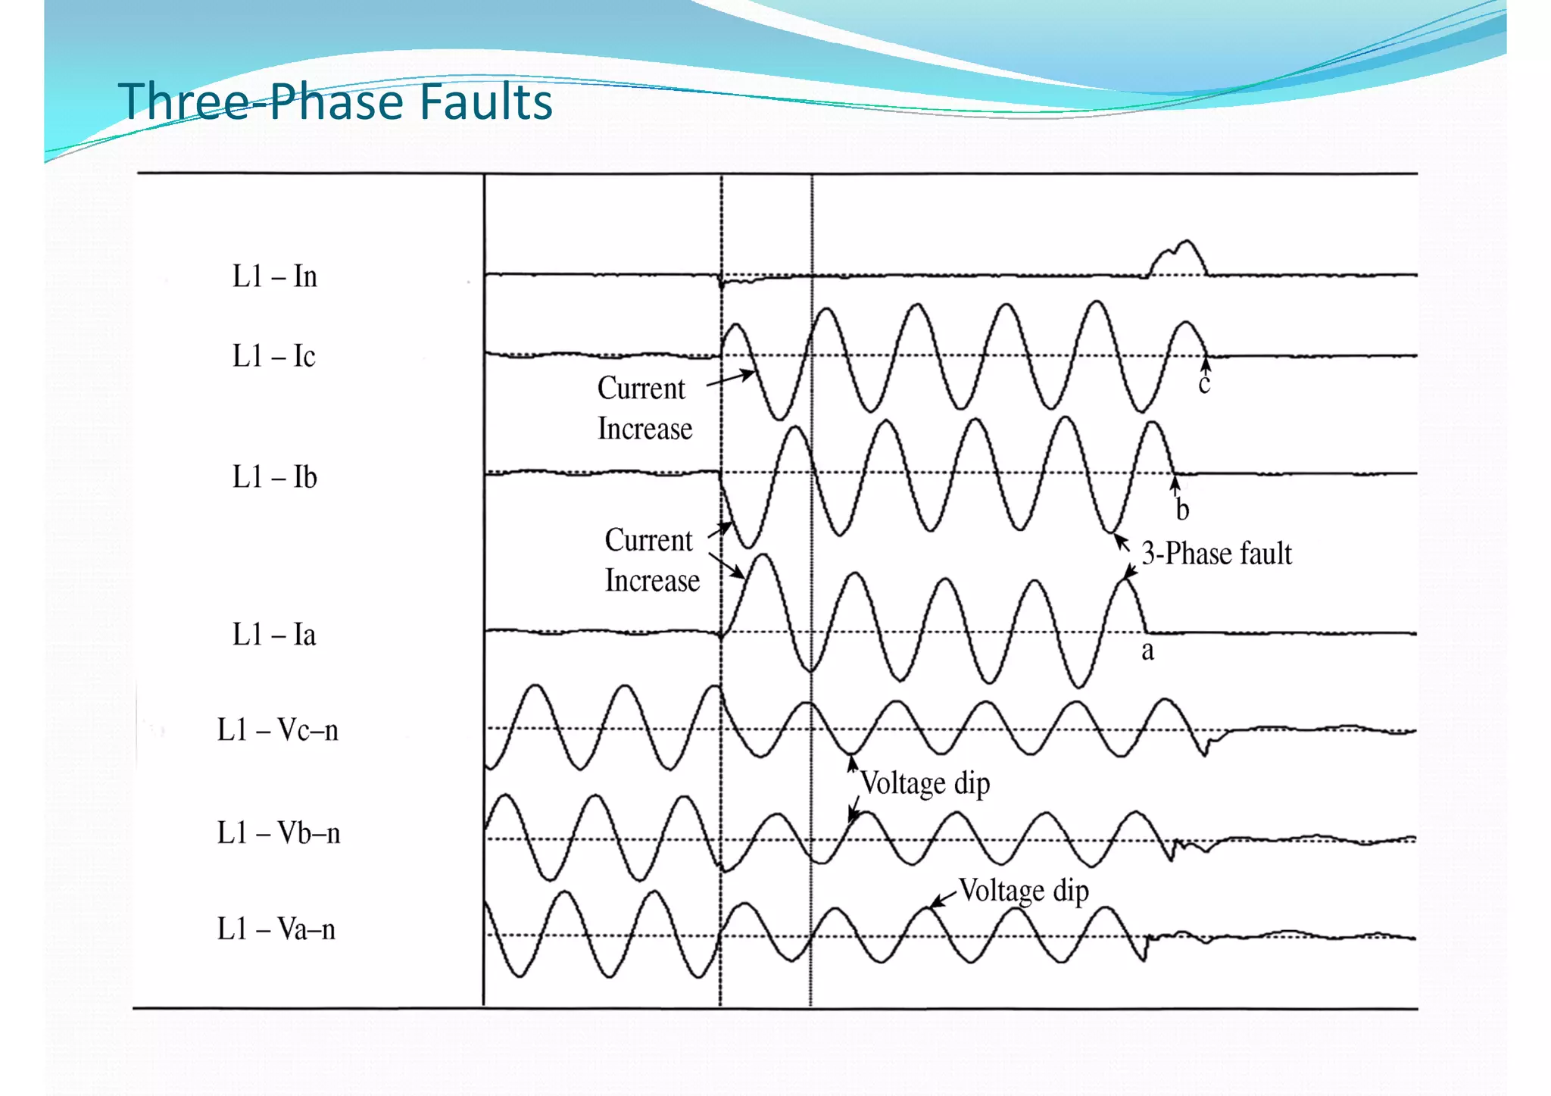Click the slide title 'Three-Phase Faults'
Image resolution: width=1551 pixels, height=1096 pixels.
(x=335, y=101)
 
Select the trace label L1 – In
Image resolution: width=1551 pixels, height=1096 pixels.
(x=274, y=276)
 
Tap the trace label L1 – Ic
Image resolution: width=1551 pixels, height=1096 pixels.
(x=273, y=356)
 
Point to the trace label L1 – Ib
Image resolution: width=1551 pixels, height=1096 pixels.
(x=274, y=477)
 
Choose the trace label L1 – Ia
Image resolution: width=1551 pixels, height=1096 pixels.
(x=273, y=635)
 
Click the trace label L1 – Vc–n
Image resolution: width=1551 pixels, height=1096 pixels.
(x=277, y=730)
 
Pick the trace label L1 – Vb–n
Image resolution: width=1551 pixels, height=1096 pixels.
(x=278, y=833)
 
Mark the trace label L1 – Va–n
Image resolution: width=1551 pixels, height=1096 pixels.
(x=276, y=929)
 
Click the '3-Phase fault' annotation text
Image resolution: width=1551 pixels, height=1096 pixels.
(x=1216, y=554)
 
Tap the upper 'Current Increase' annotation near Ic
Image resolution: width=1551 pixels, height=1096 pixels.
(x=644, y=408)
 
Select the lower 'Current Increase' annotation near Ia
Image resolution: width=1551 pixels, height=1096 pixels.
(x=651, y=560)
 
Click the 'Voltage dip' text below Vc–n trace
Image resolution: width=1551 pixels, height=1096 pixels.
(x=925, y=783)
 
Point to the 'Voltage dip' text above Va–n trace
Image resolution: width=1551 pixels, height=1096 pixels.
(x=1023, y=891)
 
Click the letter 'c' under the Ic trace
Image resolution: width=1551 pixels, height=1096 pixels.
(x=1204, y=385)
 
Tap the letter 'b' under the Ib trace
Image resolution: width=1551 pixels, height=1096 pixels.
(x=1182, y=510)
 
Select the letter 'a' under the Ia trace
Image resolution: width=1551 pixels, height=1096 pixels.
(x=1147, y=651)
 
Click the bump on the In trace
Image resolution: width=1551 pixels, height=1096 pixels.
(x=1178, y=258)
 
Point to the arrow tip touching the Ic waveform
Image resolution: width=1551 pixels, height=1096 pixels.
(x=753, y=372)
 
